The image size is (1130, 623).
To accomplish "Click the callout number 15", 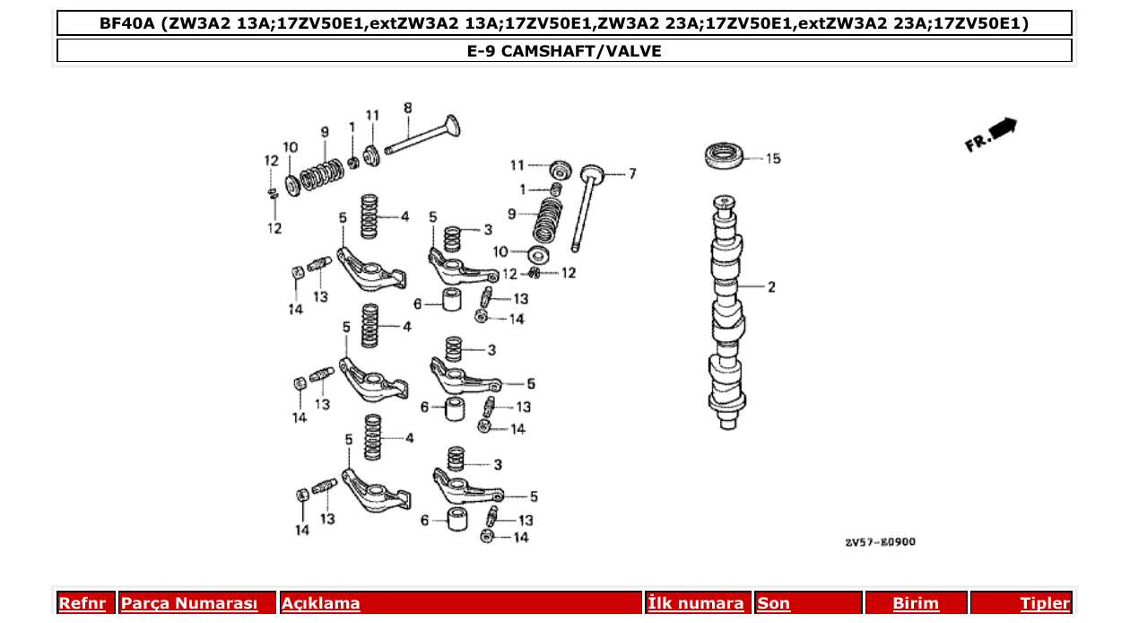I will click(772, 159).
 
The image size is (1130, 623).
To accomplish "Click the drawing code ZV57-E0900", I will click(880, 542).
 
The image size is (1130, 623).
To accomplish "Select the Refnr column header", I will click(83, 603).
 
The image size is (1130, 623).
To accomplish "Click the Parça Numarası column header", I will click(189, 603).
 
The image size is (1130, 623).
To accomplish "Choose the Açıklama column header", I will click(321, 603).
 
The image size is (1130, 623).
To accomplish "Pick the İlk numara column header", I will click(696, 603).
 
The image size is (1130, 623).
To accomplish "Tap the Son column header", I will click(774, 603).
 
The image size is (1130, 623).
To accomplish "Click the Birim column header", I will click(916, 603).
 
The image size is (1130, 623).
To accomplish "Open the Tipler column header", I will click(1045, 603).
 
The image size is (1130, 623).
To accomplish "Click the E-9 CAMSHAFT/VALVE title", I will click(564, 51).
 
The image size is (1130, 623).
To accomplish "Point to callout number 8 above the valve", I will click(408, 109).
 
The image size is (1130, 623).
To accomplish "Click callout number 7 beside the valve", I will click(631, 173).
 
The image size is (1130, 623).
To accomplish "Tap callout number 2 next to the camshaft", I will click(771, 287).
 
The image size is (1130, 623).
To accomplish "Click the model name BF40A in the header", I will click(127, 23).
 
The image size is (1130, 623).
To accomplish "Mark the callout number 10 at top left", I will click(290, 147).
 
